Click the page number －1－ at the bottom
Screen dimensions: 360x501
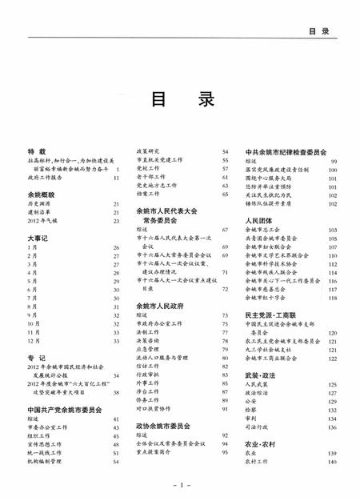(180, 485)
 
